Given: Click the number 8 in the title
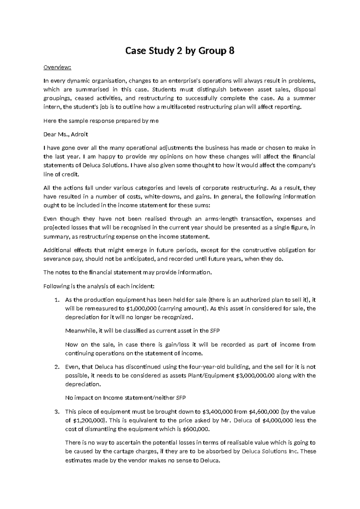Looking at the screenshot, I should tap(231, 52).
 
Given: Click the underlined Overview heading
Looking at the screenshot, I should tap(57, 67).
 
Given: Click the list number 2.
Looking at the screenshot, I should tap(56, 367).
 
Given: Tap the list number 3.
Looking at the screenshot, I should tap(56, 411).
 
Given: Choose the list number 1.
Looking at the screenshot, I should tap(56, 300).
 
